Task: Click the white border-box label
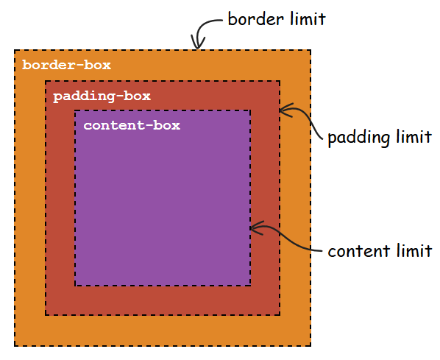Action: (66, 66)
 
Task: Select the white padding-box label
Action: (102, 96)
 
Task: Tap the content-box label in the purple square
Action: (132, 125)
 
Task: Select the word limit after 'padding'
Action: (414, 138)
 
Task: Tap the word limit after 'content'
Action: (414, 251)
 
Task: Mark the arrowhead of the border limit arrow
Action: (196, 47)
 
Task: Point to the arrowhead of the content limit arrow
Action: (252, 227)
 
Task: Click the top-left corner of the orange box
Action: (15, 50)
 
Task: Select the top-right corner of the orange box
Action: (311, 50)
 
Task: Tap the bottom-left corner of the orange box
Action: (15, 346)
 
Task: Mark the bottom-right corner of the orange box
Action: (311, 346)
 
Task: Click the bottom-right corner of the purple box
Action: (250, 286)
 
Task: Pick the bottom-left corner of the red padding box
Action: (46, 315)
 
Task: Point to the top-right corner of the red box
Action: (280, 81)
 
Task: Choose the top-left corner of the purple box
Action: (75, 111)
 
